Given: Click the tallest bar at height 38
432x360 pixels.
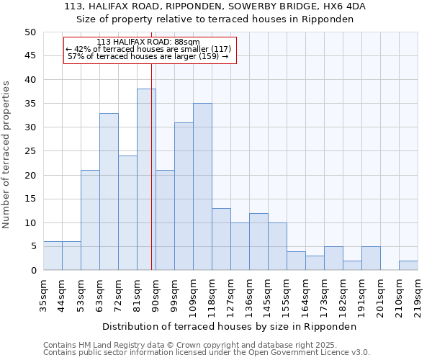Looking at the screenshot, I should [146, 179].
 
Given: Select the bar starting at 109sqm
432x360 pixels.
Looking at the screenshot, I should [202, 186].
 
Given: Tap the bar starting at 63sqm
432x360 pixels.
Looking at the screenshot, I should [109, 192].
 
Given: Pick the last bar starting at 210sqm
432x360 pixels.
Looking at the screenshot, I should [408, 266].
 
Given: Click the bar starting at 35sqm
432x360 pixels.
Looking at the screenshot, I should [53, 256].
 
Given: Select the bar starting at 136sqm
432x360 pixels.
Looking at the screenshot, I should [258, 242].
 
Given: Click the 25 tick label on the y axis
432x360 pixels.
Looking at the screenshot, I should [30, 151].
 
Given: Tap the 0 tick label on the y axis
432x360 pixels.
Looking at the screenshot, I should [32, 271].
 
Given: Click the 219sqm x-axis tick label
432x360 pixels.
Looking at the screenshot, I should [418, 294].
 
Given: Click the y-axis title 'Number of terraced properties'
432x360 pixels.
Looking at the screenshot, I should [7, 154].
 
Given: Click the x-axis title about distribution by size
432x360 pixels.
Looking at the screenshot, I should [230, 326].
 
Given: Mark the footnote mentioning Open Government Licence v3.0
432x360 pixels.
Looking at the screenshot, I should [207, 353].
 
